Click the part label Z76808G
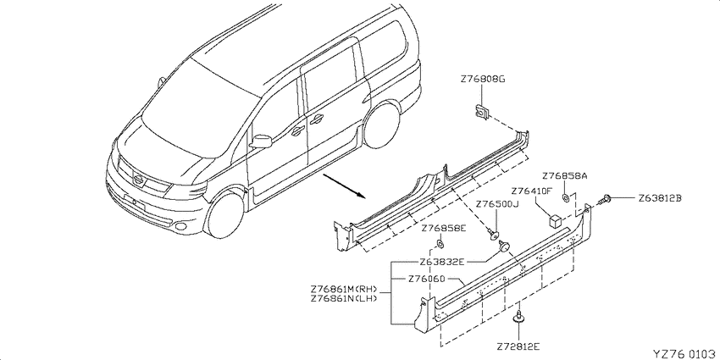(482, 79)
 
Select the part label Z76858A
(565, 176)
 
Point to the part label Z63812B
(659, 198)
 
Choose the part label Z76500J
(496, 204)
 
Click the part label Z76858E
(444, 228)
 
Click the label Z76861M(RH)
(344, 290)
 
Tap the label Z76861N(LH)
(344, 298)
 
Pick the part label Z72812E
(518, 345)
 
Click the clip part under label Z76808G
(481, 111)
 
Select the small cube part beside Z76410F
(555, 221)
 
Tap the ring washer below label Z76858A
(565, 198)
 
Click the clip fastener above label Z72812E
(518, 318)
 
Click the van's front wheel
(224, 216)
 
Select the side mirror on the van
(261, 141)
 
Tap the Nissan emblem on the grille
(138, 180)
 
